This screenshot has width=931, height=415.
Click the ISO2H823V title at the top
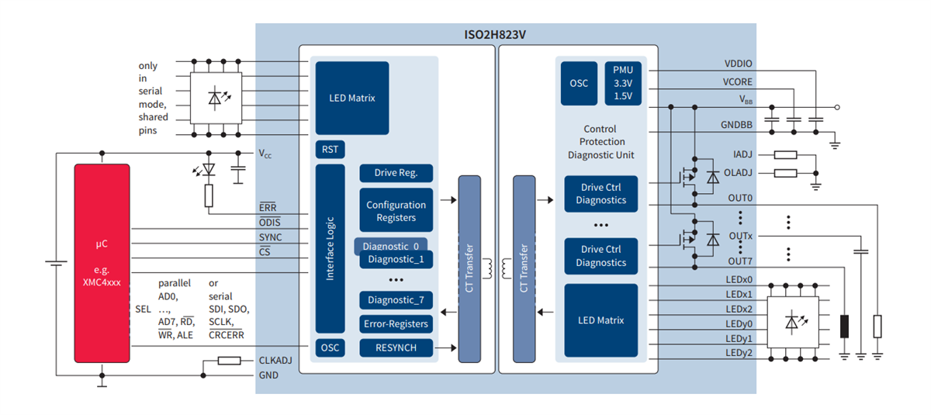tap(505, 34)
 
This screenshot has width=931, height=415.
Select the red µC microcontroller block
tap(102, 263)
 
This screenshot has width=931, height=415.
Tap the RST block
tap(329, 149)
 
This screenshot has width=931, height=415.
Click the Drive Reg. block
tap(396, 173)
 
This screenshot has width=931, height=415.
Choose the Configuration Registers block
tap(396, 211)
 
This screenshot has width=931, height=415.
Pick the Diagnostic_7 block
tap(396, 300)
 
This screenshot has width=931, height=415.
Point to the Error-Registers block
tap(396, 323)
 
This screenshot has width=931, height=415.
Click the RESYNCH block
tap(396, 348)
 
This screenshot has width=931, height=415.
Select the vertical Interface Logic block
tap(330, 248)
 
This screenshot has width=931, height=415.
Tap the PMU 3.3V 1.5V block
tap(622, 83)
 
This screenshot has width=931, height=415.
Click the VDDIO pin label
tap(738, 64)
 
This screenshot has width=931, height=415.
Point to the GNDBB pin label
tap(736, 126)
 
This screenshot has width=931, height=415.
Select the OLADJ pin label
tap(738, 172)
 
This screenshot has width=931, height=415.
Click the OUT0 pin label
tap(740, 198)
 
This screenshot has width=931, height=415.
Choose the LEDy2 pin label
tap(739, 353)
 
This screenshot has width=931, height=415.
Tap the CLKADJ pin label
tap(275, 361)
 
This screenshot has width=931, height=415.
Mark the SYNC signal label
tap(270, 237)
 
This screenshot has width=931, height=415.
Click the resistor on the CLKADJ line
tap(228, 361)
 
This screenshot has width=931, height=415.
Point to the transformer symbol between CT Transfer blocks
tap(497, 268)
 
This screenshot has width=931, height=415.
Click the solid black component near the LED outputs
tap(844, 327)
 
